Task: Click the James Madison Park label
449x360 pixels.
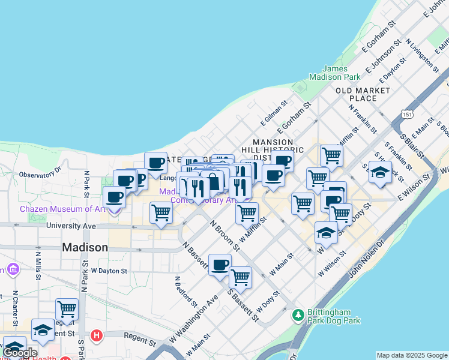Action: [x=334, y=73]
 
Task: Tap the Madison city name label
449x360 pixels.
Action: [x=85, y=247]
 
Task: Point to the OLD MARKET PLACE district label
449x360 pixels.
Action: [x=363, y=94]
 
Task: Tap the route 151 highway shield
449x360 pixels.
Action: [x=408, y=114]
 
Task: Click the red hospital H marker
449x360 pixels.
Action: [x=95, y=334]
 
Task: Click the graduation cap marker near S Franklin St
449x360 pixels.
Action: [x=380, y=172]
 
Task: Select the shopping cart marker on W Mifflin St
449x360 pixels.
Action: [x=247, y=213]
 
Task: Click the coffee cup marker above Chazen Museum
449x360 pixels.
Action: [x=115, y=196]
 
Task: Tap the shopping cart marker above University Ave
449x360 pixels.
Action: [x=161, y=212]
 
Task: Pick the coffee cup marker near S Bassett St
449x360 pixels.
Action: [x=220, y=264]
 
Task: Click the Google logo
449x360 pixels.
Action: [x=20, y=353]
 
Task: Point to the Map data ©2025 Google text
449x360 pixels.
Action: [x=412, y=355]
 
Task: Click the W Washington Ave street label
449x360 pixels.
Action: [x=193, y=317]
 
